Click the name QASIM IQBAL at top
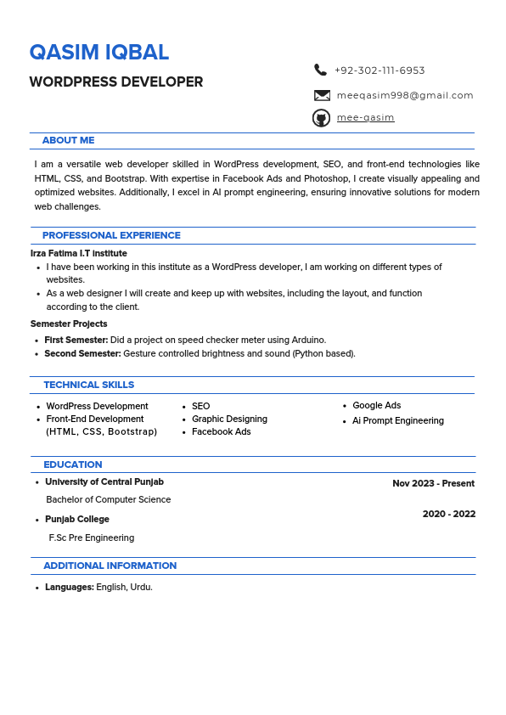click(99, 53)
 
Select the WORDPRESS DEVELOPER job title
click(116, 82)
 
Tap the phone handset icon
click(320, 70)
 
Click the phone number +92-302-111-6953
click(379, 70)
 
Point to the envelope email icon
click(322, 96)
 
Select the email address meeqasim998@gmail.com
click(405, 96)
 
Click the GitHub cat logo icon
click(321, 118)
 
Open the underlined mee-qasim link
click(365, 118)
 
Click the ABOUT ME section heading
click(68, 140)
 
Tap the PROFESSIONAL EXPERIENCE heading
click(111, 235)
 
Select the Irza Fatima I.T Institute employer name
click(79, 253)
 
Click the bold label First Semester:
click(76, 340)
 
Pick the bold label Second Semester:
click(82, 353)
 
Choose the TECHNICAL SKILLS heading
click(88, 385)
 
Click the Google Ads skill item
click(376, 406)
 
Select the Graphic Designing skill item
click(229, 419)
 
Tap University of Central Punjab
click(104, 481)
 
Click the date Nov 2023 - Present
click(433, 483)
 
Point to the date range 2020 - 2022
click(448, 514)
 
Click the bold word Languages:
click(70, 587)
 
